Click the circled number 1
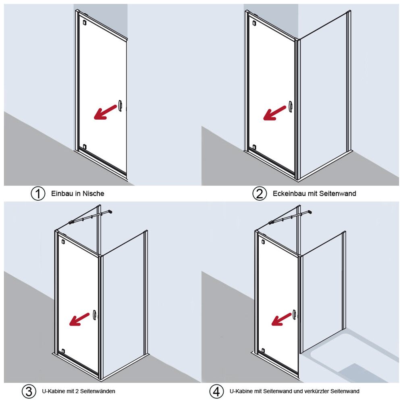(x=38, y=193)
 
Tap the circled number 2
(x=259, y=193)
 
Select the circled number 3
(x=29, y=391)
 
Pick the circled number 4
(x=216, y=391)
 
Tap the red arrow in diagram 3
(x=79, y=319)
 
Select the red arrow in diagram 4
(x=281, y=319)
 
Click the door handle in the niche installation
(x=120, y=106)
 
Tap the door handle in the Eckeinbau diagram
(x=291, y=107)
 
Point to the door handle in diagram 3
(x=94, y=315)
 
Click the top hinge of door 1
(x=84, y=22)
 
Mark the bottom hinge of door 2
(x=254, y=147)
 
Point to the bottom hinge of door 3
(x=63, y=351)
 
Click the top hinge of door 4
(x=263, y=241)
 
